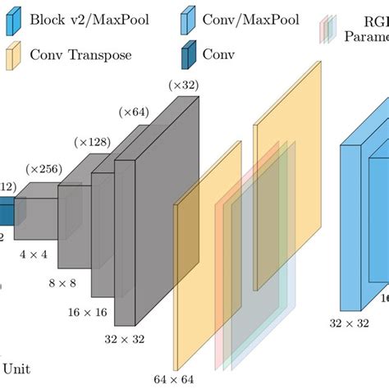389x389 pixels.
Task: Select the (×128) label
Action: tap(93, 142)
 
